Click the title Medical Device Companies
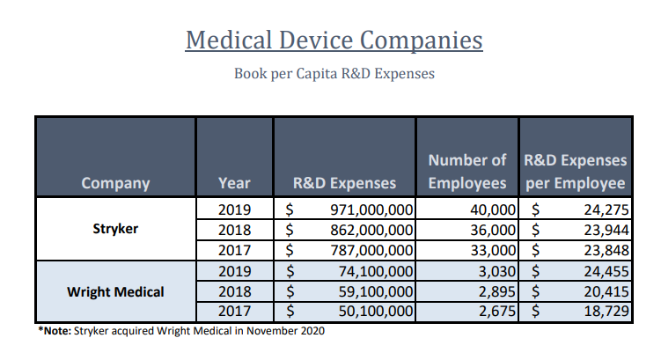[x=334, y=40]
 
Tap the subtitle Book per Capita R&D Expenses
[x=334, y=74]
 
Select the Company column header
[x=115, y=184]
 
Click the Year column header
[x=234, y=184]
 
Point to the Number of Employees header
[x=467, y=173]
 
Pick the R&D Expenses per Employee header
[x=576, y=173]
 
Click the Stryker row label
[x=115, y=229]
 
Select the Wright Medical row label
[x=115, y=291]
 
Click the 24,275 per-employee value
[x=603, y=209]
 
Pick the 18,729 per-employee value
[x=603, y=312]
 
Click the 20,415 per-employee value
[x=603, y=291]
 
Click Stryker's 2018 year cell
[x=234, y=230]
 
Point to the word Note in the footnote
[x=55, y=332]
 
